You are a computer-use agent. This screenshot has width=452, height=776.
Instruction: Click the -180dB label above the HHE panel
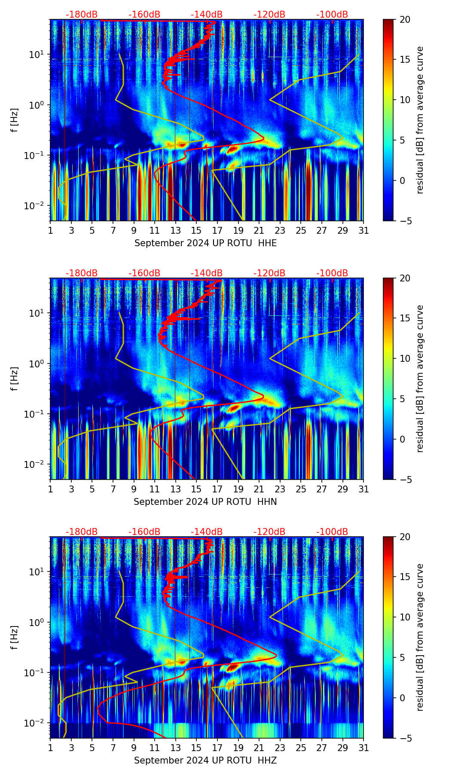pos(82,15)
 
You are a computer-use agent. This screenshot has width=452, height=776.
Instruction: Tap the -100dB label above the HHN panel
pos(332,273)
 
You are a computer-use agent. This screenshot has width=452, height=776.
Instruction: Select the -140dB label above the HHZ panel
pos(207,532)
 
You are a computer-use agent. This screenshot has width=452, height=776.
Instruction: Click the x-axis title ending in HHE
pos(205,243)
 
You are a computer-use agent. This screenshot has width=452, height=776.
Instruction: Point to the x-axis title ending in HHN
pos(205,502)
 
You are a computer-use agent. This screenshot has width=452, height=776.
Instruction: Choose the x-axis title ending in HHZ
pos(205,761)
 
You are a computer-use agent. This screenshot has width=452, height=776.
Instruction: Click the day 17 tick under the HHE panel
pos(217,230)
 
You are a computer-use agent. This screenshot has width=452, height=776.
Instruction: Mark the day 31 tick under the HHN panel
pos(363,489)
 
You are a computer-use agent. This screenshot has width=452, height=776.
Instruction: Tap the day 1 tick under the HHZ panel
pos(50,748)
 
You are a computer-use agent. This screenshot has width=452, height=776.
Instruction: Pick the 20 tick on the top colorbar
pos(405,19)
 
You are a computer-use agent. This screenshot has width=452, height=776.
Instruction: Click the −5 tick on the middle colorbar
pos(405,480)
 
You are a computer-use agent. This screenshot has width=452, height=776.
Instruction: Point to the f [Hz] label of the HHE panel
pos(15,120)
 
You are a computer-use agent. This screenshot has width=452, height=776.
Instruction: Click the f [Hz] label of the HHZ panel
pos(15,638)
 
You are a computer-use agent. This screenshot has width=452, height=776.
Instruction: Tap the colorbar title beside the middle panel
pos(420,379)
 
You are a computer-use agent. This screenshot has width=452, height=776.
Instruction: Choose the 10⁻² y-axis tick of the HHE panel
pos(37,206)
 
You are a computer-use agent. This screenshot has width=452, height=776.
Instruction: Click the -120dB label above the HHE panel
pos(269,15)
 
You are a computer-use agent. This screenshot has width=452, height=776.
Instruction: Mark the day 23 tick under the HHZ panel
pos(280,748)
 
